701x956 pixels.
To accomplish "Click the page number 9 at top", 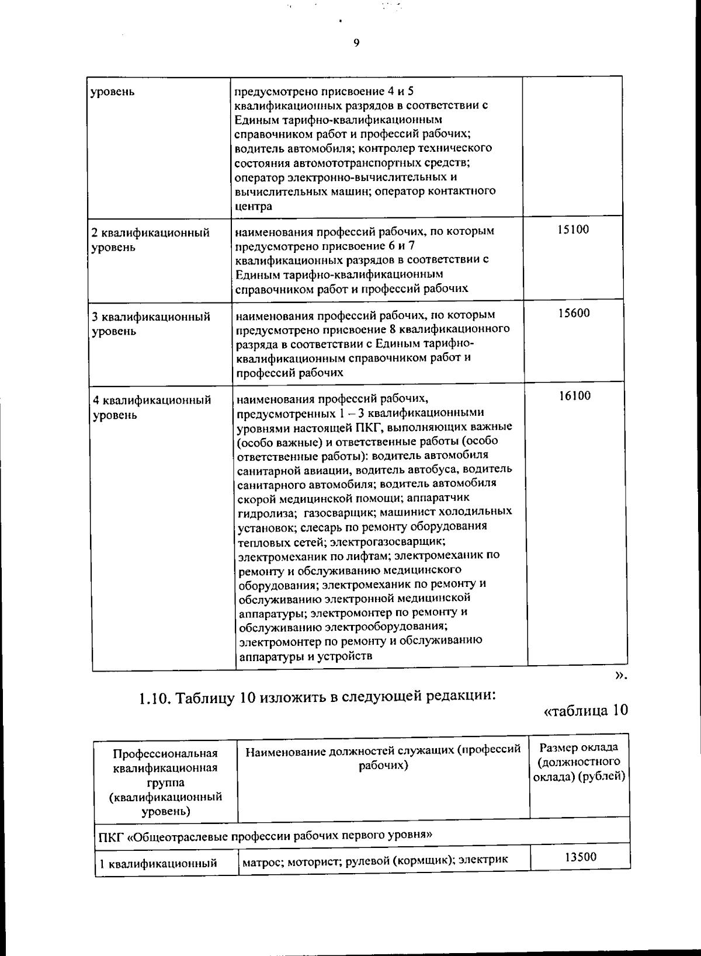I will (356, 43).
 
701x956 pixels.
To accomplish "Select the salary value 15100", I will (572, 230).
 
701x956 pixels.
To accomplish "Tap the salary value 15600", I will (573, 313).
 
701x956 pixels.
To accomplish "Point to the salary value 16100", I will (574, 396).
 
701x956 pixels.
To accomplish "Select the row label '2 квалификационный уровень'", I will (151, 240).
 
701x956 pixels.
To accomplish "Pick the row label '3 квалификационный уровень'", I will (151, 324).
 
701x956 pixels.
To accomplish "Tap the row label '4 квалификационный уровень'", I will (152, 408).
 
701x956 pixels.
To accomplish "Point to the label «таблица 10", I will (585, 711).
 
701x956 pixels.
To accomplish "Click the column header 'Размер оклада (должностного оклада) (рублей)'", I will (579, 762).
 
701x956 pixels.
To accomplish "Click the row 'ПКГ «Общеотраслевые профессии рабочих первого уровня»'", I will (266, 835).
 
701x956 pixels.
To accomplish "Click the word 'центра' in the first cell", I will (254, 206).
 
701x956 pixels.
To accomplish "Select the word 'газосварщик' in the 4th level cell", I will (339, 512).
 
